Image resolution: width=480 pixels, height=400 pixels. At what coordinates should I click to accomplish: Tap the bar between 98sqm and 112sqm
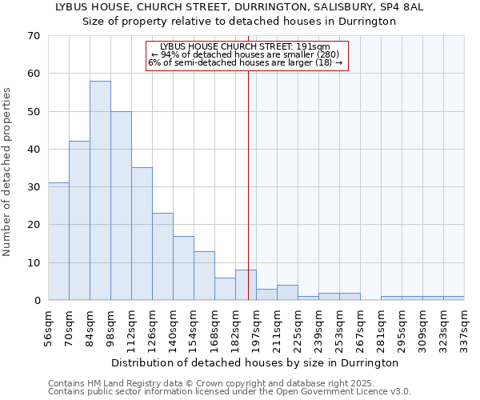121,206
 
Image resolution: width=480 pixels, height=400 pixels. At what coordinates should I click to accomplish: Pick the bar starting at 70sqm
79,221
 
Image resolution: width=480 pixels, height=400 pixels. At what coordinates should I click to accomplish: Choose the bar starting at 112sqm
142,234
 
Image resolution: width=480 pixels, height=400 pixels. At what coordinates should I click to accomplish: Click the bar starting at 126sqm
162,256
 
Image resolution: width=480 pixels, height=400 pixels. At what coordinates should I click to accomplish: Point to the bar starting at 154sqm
204,275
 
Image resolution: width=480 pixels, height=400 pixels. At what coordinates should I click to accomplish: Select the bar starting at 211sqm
287,293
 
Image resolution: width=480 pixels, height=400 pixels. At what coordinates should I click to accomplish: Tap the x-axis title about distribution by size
254,362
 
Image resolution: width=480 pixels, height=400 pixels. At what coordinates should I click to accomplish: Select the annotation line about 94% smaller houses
246,54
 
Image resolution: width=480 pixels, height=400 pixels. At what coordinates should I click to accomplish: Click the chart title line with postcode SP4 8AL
239,6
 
